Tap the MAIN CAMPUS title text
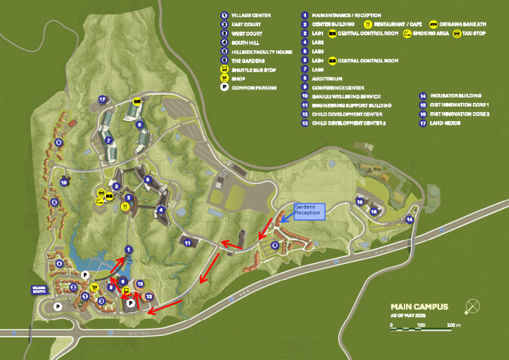pos(420,307)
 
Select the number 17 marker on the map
pos(102,98)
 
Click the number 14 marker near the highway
pos(410,219)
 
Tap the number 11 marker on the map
pos(186,242)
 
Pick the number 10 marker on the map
pos(64,181)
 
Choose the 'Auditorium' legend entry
pos(329,78)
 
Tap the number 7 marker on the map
pos(108,139)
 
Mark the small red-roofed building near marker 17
pos(72,123)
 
